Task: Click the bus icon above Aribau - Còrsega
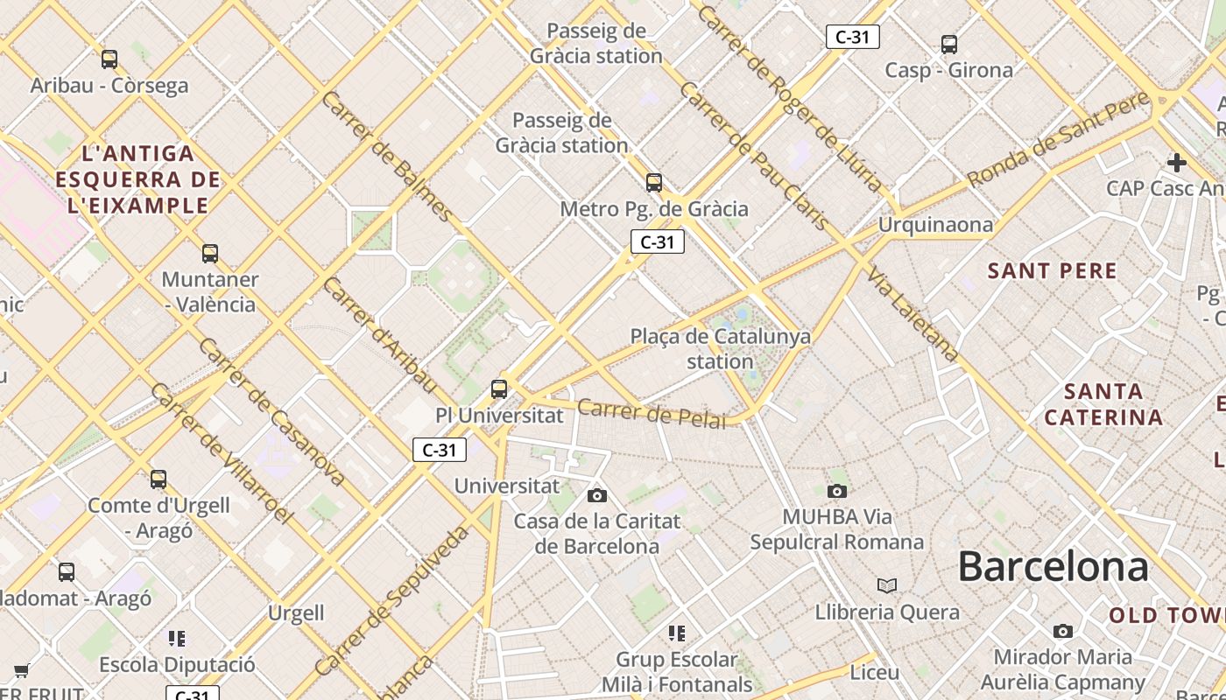point(109,59)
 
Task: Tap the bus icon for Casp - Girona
point(948,44)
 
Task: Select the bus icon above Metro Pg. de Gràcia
point(654,183)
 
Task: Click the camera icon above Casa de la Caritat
point(597,496)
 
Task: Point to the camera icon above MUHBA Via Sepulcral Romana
point(837,491)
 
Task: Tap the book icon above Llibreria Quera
point(887,585)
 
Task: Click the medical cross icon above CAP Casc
point(1177,163)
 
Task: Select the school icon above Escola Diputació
point(177,639)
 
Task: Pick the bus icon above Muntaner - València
point(210,254)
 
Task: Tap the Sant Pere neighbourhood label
point(1053,271)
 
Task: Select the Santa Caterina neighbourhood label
point(1103,403)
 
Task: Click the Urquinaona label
point(935,225)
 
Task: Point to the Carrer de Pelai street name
point(652,413)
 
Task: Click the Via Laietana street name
point(912,315)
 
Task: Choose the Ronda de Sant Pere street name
point(1058,139)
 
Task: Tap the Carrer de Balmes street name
point(387,156)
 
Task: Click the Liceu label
point(875,672)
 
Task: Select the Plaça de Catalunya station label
point(720,348)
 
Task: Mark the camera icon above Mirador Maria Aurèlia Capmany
point(1062,632)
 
